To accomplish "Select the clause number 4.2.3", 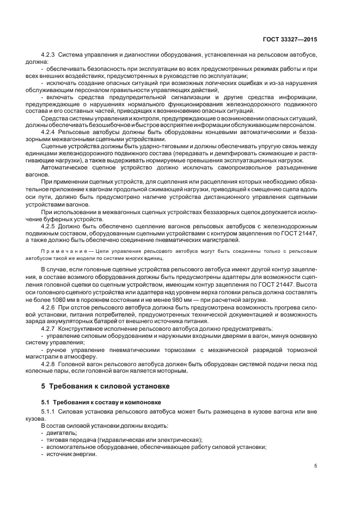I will pos(48,55).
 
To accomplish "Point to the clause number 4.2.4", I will pos(48,132).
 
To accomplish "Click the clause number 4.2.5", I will pos(48,224).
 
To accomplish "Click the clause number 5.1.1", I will pos(48,411).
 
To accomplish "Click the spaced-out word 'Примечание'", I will pos(62,252).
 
